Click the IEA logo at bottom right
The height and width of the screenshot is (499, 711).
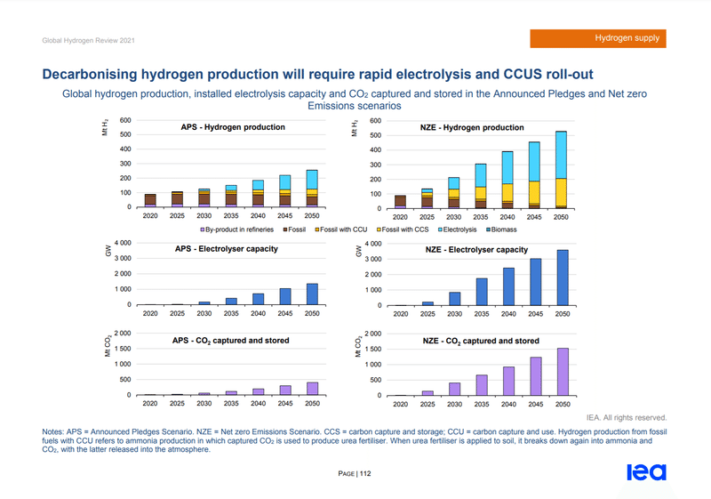pyautogui.click(x=646, y=471)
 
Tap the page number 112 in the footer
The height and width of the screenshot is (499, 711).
pyautogui.click(x=364, y=473)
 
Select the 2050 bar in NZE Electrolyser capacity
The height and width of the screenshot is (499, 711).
pyautogui.click(x=563, y=278)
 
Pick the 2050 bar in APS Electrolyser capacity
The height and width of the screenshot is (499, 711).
pyautogui.click(x=311, y=294)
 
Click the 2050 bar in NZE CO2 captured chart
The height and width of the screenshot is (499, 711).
pyautogui.click(x=563, y=372)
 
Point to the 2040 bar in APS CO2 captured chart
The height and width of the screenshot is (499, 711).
pyautogui.click(x=259, y=391)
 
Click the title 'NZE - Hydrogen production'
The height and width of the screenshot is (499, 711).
pyautogui.click(x=471, y=128)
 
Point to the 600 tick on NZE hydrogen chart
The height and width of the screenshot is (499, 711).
pyautogui.click(x=375, y=120)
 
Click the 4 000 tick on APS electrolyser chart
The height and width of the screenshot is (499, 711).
pyautogui.click(x=123, y=242)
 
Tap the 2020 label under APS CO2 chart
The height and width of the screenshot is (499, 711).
pyautogui.click(x=150, y=403)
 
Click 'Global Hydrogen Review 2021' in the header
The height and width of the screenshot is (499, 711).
pyautogui.click(x=88, y=40)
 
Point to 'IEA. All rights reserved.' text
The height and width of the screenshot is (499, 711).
pyautogui.click(x=626, y=417)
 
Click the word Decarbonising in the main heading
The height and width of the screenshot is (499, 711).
pyautogui.click(x=99, y=74)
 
